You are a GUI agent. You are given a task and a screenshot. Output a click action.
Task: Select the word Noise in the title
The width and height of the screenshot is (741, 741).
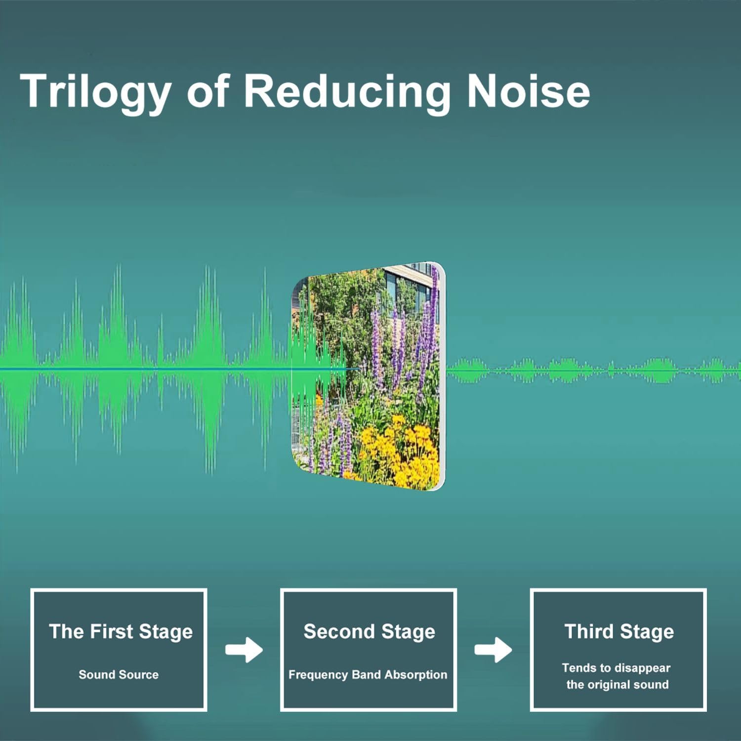[x=528, y=91]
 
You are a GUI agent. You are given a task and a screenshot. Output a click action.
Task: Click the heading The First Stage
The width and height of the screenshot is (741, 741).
[x=121, y=632]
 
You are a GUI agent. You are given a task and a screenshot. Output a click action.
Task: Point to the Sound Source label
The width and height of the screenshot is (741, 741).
[x=119, y=674]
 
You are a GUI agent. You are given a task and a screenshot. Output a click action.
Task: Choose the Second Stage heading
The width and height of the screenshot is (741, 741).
[x=369, y=632]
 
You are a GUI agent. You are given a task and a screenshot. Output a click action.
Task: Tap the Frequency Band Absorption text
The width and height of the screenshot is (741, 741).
[x=368, y=675]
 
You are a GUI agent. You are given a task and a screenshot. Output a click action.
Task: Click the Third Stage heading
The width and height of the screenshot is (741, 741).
[x=619, y=632]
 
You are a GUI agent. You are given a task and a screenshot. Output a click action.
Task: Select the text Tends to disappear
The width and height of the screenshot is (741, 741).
[x=616, y=668]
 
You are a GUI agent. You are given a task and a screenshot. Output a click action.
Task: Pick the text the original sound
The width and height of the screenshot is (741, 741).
[x=617, y=685]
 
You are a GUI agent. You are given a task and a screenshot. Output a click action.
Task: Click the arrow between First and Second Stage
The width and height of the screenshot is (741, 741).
[x=244, y=650]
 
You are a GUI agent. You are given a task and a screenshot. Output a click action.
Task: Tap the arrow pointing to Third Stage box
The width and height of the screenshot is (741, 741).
[x=493, y=650]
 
